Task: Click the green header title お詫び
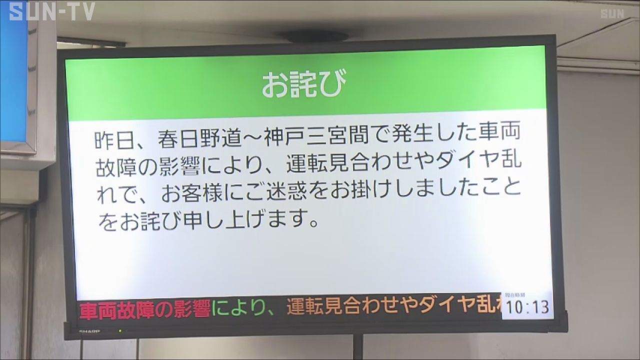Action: coord(304,83)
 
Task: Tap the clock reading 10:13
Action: coord(527,307)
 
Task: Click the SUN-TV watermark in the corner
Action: coord(52,11)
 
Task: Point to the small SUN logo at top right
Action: coord(612,13)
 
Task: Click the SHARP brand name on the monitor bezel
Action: coord(89,331)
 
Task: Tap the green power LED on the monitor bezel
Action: coord(120,331)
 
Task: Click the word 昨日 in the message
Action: coord(115,140)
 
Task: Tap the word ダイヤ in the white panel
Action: coord(468,161)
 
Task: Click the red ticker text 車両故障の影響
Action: coord(145,309)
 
